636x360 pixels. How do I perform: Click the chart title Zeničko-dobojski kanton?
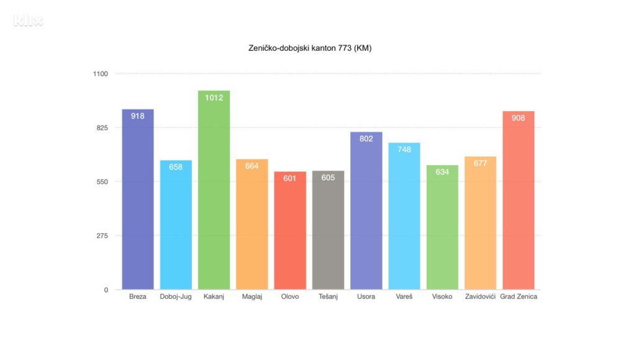(x=309, y=48)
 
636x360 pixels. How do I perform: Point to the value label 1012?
(x=214, y=97)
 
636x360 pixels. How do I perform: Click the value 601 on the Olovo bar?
(x=290, y=179)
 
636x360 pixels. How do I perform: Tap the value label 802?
(x=366, y=139)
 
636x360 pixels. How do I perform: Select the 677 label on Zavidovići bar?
(x=480, y=163)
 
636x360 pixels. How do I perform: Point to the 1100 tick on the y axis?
(x=101, y=74)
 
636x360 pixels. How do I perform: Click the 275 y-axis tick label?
(x=102, y=236)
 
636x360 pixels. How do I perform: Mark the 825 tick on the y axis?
(x=102, y=128)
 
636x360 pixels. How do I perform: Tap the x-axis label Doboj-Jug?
(x=176, y=297)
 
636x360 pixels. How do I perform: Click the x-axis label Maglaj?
(x=252, y=297)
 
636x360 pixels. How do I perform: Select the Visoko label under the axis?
(x=442, y=297)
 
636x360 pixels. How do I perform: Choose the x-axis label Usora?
(x=366, y=297)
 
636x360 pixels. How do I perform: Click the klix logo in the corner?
(x=28, y=21)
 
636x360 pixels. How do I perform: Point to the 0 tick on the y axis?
(x=106, y=290)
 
